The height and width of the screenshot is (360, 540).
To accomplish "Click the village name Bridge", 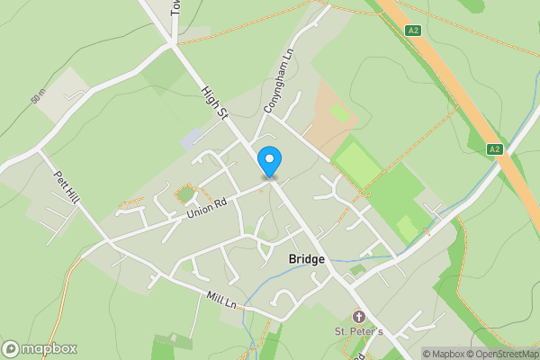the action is point(306,259).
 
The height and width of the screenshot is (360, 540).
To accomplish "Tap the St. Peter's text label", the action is point(360,332).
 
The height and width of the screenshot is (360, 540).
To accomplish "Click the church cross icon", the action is point(359,317).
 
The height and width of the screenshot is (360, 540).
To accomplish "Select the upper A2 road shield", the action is point(413,30).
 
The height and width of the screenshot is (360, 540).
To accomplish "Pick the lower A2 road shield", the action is point(494,148).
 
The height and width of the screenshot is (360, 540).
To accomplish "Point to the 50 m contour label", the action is point(37,96).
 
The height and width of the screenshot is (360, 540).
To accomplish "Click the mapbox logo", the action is point(40,348).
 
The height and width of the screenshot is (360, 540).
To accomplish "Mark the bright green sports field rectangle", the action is point(357,166).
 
